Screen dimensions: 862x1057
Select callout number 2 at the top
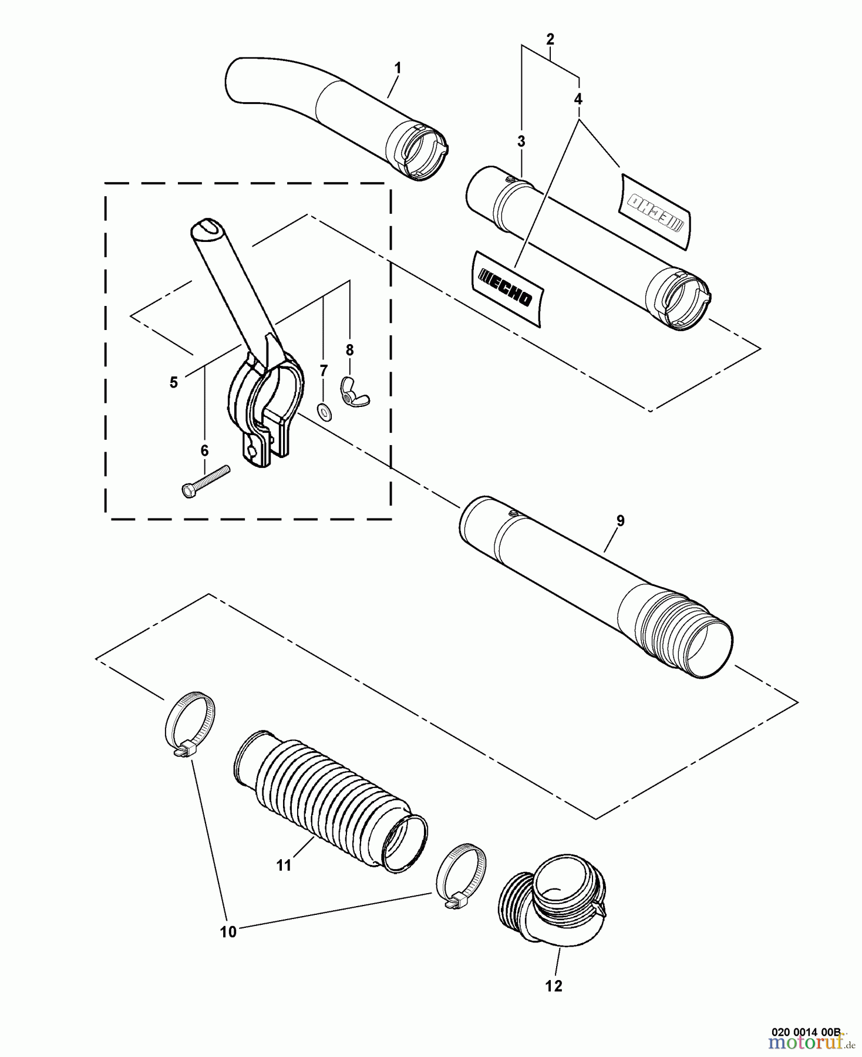pyautogui.click(x=550, y=39)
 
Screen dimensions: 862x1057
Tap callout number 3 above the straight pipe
pyautogui.click(x=521, y=142)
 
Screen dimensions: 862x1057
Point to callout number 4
pyautogui.click(x=578, y=99)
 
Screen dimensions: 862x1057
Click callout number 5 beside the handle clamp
pyautogui.click(x=173, y=382)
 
